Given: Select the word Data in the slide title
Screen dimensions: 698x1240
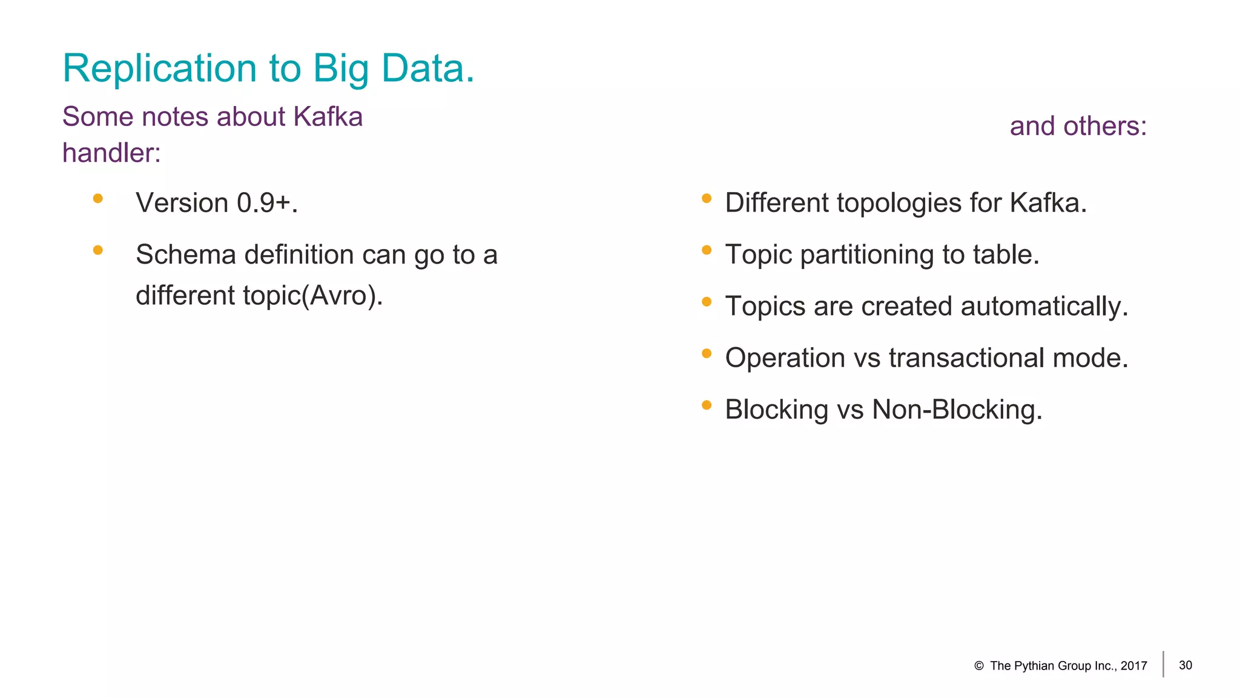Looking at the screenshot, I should coord(427,68).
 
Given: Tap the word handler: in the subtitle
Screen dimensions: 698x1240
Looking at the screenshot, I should coord(111,153).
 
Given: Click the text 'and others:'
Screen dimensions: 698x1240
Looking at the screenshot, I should coord(1078,127).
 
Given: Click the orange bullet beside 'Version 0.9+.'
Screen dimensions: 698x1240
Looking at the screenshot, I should coord(98,198).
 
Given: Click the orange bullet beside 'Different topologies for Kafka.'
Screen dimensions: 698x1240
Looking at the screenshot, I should coord(706,198).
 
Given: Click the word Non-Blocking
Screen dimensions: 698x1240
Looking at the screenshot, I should coord(957,410).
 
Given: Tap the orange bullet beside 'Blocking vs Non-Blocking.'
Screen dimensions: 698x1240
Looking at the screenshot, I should coord(706,405).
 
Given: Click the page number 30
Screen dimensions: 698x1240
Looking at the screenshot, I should coord(1186,665).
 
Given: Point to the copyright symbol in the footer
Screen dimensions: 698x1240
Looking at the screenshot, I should coord(978,666).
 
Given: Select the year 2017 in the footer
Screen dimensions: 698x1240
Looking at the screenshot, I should coord(1133,666).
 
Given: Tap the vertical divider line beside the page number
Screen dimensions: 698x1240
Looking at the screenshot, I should coord(1163,664).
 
